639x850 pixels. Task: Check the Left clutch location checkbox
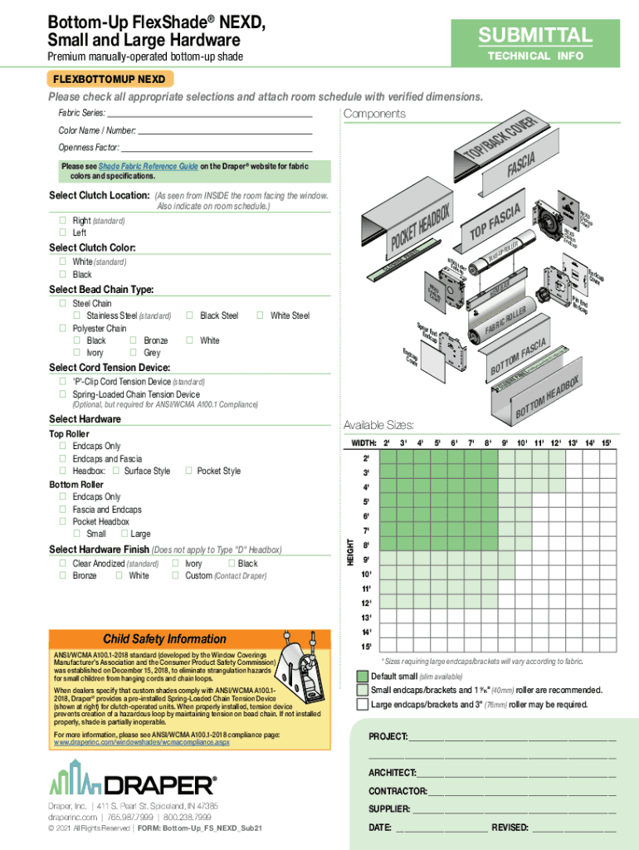click(63, 233)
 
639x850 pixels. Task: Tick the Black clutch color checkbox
click(63, 275)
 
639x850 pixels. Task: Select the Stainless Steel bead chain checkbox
click(77, 316)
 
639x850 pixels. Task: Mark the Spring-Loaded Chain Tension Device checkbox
click(63, 394)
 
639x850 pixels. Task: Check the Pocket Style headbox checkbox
click(189, 471)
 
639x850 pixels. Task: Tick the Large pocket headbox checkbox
click(124, 534)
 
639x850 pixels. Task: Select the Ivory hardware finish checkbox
click(175, 564)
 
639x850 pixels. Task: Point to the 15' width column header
click(606, 443)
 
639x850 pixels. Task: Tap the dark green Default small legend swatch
click(363, 677)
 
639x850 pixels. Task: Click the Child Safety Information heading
click(164, 639)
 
